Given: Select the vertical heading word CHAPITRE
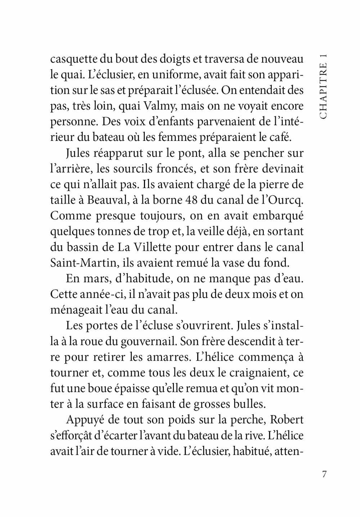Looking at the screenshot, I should point(323,95).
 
